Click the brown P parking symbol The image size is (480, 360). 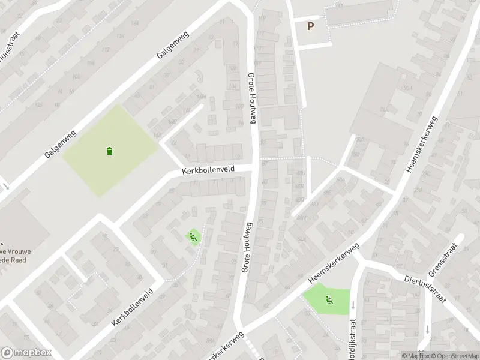pyautogui.click(x=310, y=26)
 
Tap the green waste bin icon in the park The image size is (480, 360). pyautogui.click(x=109, y=151)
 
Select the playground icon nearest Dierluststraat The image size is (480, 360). pyautogui.click(x=329, y=300)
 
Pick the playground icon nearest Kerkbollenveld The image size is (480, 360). pyautogui.click(x=193, y=238)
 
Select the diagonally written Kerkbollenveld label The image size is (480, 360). pyautogui.click(x=132, y=307)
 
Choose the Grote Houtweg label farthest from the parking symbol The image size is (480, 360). pyautogui.click(x=248, y=247)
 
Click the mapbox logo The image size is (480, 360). pyautogui.click(x=26, y=353)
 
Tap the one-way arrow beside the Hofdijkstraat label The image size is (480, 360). pyautogui.click(x=353, y=305)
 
